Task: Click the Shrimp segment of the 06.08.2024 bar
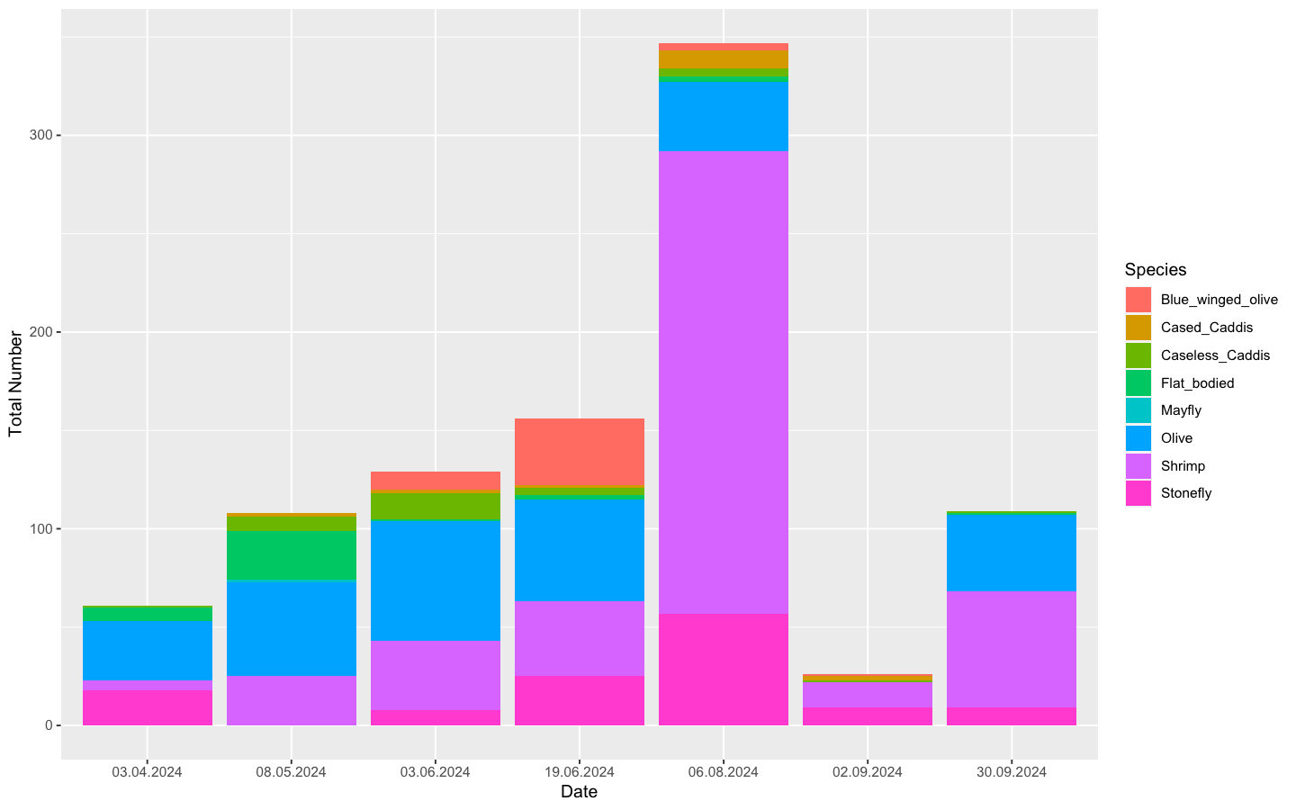(x=723, y=382)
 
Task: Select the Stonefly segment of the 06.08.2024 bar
(x=723, y=669)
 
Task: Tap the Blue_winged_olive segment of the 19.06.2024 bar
(x=579, y=452)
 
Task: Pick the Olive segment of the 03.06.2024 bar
(x=435, y=580)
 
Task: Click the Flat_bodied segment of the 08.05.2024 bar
(x=291, y=555)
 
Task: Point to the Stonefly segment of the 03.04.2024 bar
(x=147, y=707)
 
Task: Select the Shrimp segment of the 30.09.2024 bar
(x=1011, y=649)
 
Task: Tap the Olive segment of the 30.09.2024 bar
(x=1011, y=552)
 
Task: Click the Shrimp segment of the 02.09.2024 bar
(x=867, y=695)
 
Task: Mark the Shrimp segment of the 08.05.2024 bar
(x=291, y=700)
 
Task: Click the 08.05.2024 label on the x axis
(x=291, y=771)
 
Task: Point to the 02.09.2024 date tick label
(x=867, y=771)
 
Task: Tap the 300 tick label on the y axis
(x=40, y=135)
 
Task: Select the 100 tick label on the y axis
(x=40, y=528)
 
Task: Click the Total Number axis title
(x=15, y=383)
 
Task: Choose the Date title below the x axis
(x=579, y=792)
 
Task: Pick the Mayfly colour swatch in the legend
(x=1138, y=410)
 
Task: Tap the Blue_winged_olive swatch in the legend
(x=1138, y=300)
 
